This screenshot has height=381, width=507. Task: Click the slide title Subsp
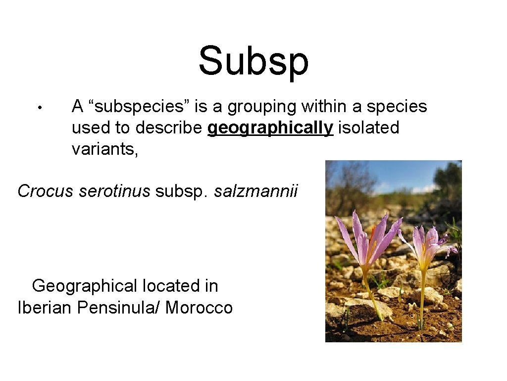pos(253,62)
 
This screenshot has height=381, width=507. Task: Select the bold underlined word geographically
pos(270,128)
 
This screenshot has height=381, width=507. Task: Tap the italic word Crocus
pos(46,191)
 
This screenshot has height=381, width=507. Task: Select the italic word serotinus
pos(114,191)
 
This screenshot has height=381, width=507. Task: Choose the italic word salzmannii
pos(256,191)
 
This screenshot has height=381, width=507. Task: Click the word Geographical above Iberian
pos(84,286)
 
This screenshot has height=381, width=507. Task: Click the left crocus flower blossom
pos(369,238)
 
